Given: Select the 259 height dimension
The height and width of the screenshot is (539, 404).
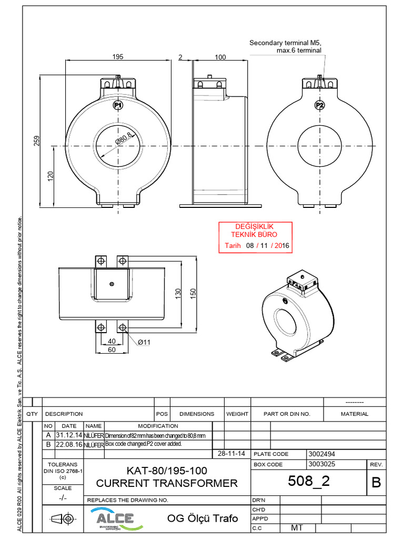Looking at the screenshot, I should pyautogui.click(x=37, y=141).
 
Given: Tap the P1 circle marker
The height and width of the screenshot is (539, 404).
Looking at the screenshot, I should pyautogui.click(x=118, y=106).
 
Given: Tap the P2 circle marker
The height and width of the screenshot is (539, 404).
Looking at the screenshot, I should pyautogui.click(x=319, y=105).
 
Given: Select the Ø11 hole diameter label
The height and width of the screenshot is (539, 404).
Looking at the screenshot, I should pyautogui.click(x=144, y=342).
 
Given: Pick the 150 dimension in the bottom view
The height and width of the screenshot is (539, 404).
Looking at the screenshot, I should pyautogui.click(x=193, y=292).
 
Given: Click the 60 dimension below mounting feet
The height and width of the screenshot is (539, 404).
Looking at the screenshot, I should pyautogui.click(x=112, y=350).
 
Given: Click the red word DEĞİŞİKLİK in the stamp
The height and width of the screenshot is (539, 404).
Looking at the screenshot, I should pyautogui.click(x=255, y=226).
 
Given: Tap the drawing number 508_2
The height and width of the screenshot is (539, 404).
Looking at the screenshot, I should pyautogui.click(x=309, y=481).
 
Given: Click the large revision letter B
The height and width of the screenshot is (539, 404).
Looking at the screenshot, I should pyautogui.click(x=376, y=483).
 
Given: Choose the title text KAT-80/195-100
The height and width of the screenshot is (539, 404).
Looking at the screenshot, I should pyautogui.click(x=167, y=470).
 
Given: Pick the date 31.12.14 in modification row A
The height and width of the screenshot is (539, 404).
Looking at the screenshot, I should pyautogui.click(x=69, y=435).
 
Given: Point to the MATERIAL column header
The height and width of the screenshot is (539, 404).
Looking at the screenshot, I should pyautogui.click(x=355, y=414).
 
